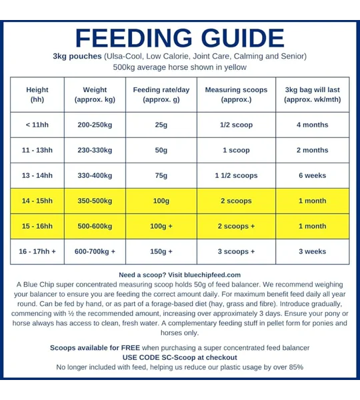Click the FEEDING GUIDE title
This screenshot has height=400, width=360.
click(179, 38)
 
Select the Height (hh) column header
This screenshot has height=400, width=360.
click(37, 95)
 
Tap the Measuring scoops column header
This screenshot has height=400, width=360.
click(236, 95)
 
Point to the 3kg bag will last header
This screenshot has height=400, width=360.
click(313, 95)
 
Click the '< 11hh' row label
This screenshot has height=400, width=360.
click(37, 125)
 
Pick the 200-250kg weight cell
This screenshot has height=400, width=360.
click(95, 125)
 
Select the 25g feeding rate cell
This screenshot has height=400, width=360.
click(161, 125)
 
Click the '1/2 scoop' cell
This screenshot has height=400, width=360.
click(236, 125)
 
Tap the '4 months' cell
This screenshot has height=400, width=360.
click(313, 125)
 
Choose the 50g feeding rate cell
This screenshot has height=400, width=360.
click(161, 150)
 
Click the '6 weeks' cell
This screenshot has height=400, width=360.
click(313, 175)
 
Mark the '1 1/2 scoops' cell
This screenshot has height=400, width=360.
click(236, 175)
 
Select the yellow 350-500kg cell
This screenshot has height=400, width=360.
click(95, 201)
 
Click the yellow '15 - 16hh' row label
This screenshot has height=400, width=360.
click(37, 226)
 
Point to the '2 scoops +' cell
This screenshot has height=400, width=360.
click(236, 226)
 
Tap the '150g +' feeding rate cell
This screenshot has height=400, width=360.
click(161, 251)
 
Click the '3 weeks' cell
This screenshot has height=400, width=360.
click(313, 251)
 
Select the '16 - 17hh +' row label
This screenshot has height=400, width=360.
click(37, 251)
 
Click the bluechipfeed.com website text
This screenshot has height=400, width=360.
click(212, 275)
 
